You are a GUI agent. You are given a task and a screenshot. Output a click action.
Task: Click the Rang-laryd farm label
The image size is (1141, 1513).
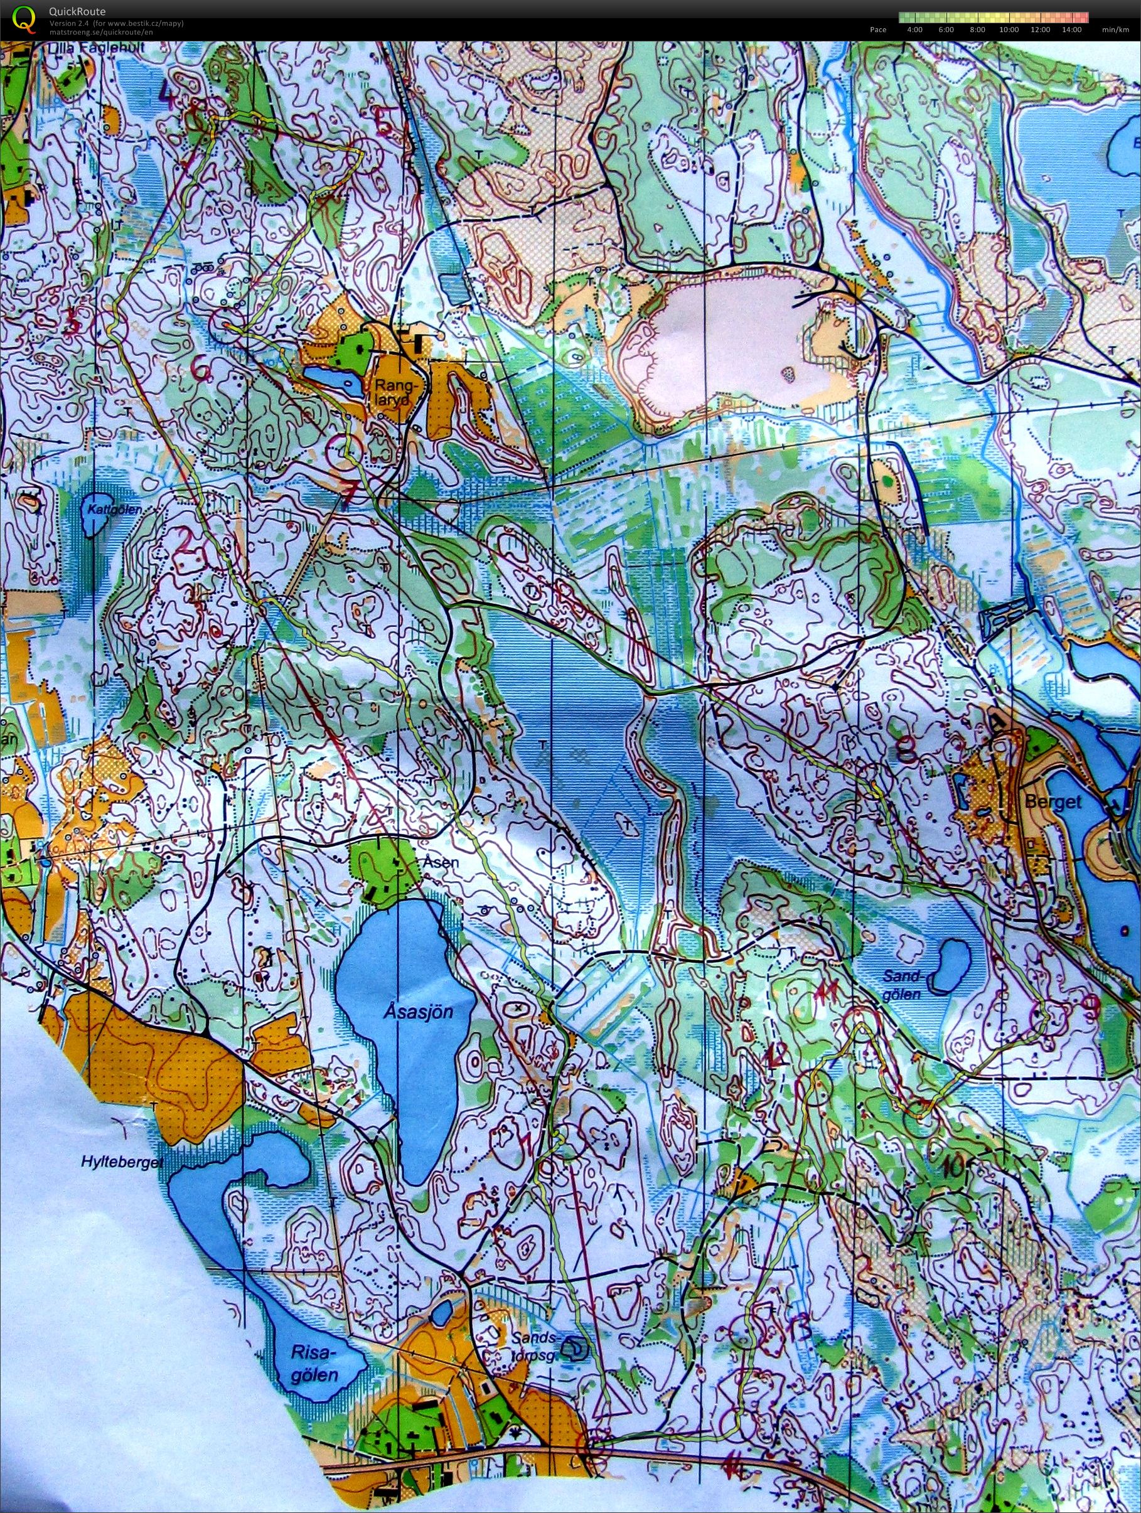[391, 395]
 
